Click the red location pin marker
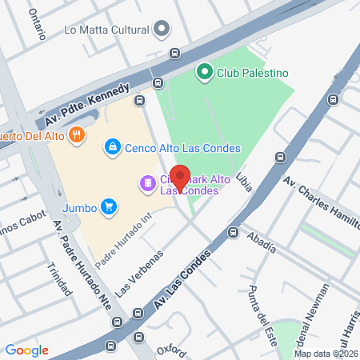pyautogui.click(x=181, y=178)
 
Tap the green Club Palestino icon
pyautogui.click(x=204, y=73)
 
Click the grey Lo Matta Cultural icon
pyautogui.click(x=162, y=30)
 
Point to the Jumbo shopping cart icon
pyautogui.click(x=109, y=208)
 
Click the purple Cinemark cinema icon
pyautogui.click(x=147, y=184)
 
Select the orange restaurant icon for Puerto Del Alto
pyautogui.click(x=77, y=134)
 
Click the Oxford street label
pyautogui.click(x=171, y=350)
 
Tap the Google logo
pyautogui.click(x=26, y=350)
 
